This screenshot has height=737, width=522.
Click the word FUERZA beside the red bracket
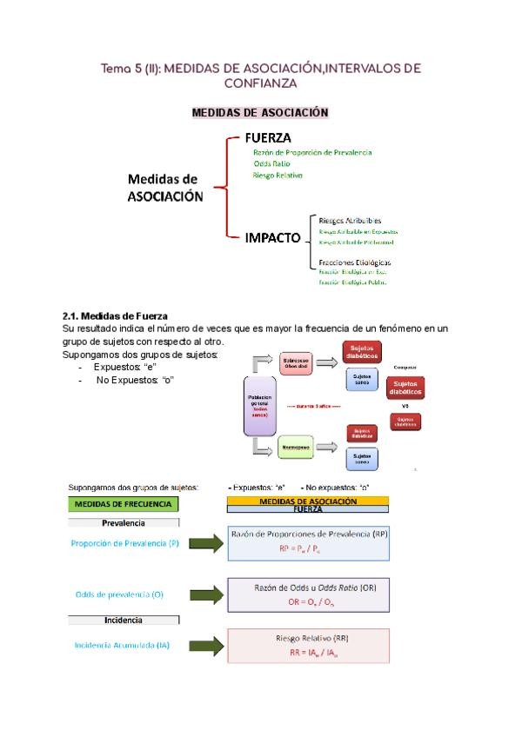pos(268,137)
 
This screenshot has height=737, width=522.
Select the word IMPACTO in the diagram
pos(273,237)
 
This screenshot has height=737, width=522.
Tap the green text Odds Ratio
pos(271,163)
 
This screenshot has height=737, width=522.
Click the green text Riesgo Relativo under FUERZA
pos(278,175)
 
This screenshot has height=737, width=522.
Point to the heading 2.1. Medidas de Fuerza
pos(116,315)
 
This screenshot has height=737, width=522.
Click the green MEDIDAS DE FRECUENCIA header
pos(124,504)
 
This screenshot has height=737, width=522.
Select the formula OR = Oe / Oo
pos(308,601)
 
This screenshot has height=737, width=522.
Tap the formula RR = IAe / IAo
pos(307,652)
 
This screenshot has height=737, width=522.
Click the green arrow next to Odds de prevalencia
pos(207,594)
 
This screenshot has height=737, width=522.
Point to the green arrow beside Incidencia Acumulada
pos(207,645)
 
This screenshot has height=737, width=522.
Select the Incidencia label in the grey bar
pos(124,621)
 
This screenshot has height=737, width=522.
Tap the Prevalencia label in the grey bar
pos(124,523)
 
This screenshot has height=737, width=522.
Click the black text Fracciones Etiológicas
pos(355,262)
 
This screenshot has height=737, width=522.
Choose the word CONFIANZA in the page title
pos(260,84)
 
